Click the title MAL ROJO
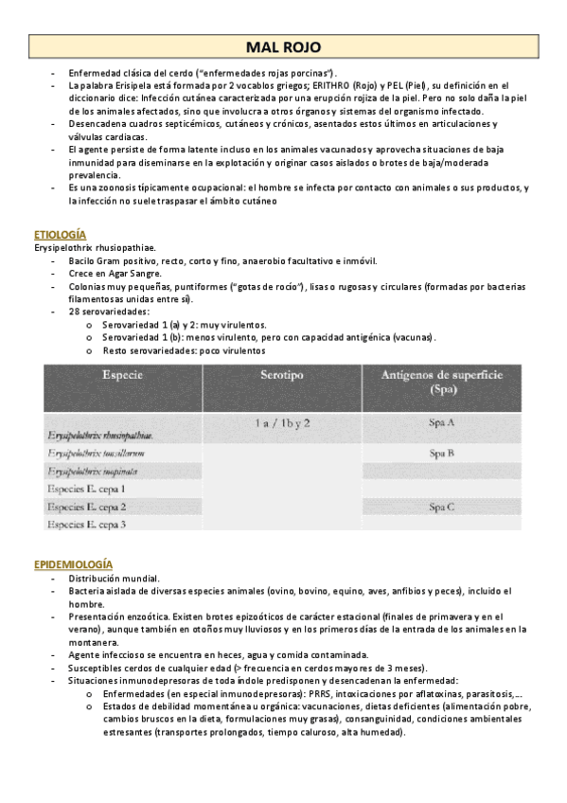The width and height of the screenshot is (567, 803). point(283,46)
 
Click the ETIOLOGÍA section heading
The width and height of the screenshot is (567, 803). point(60,234)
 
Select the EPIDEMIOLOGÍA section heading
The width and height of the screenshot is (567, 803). point(73,564)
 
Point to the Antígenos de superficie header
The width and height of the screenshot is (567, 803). point(442,382)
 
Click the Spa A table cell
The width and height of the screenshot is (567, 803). point(442,423)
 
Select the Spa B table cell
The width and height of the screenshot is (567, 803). point(442,454)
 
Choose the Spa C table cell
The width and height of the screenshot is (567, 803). point(442,507)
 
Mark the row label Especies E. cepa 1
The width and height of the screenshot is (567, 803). point(86,489)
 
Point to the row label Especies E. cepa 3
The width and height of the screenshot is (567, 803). point(86,524)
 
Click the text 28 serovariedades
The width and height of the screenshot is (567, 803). point(109,312)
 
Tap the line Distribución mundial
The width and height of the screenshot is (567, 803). point(114,579)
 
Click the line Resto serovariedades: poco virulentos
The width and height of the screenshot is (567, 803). point(185,350)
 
